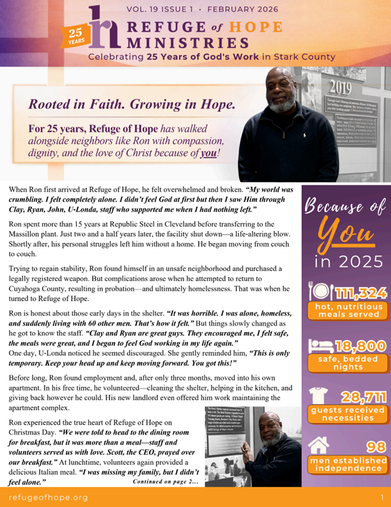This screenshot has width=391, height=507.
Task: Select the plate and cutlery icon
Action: point(319,292)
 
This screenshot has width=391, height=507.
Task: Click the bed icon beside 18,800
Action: point(320,346)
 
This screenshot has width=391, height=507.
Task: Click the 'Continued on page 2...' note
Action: point(165,481)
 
